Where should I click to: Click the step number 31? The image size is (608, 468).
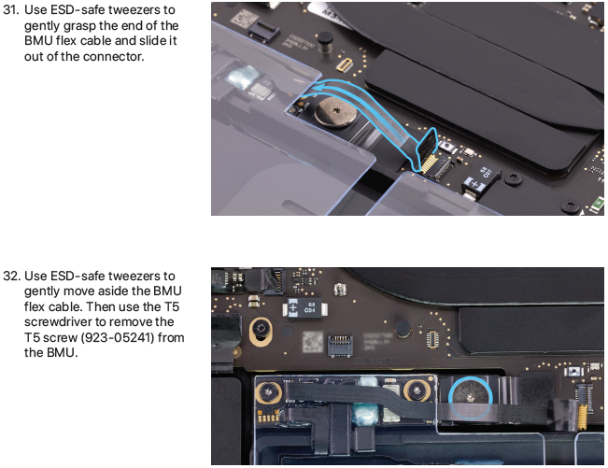tap(10, 10)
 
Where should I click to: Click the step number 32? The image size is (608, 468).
tap(11, 277)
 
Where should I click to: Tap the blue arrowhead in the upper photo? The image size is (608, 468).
tap(316, 88)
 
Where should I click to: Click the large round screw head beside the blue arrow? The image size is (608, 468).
tap(335, 112)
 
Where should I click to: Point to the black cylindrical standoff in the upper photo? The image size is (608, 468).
tap(325, 42)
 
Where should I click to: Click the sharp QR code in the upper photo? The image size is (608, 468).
tap(244, 18)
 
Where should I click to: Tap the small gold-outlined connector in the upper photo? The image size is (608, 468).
tap(345, 64)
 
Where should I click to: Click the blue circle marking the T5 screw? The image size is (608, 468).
tap(471, 397)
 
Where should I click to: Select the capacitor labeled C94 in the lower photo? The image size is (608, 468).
tap(304, 308)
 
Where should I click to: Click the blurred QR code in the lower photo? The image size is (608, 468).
tap(313, 341)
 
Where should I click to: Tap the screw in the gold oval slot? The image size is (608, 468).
tap(261, 331)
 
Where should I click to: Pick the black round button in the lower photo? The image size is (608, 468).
tap(403, 329)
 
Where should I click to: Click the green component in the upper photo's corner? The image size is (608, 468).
tap(599, 204)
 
